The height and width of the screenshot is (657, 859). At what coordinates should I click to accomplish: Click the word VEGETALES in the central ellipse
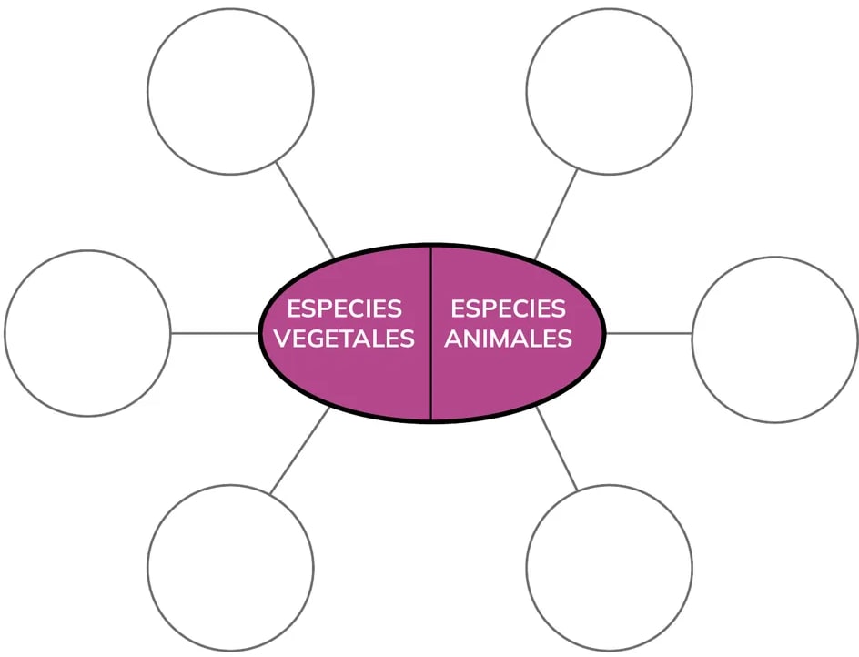(344, 339)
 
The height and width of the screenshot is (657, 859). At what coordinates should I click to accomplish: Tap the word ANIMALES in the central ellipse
(509, 339)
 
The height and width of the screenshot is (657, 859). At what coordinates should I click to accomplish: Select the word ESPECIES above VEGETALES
(344, 309)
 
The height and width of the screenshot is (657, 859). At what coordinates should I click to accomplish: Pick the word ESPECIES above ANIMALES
(508, 309)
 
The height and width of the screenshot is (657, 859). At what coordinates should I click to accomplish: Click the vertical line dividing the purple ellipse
(431, 333)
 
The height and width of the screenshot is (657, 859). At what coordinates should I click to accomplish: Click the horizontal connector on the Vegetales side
(214, 333)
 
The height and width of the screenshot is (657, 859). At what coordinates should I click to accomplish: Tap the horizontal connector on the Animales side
(649, 333)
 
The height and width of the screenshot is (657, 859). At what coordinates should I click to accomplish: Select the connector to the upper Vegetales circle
(305, 209)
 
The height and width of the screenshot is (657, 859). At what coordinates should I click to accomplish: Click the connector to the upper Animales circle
(556, 214)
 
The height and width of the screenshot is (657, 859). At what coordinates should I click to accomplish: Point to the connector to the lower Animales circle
(557, 449)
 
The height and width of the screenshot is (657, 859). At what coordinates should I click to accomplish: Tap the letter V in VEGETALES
(283, 339)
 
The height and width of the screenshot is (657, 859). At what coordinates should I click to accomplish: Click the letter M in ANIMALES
(504, 339)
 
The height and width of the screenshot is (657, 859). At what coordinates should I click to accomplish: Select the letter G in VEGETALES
(321, 339)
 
